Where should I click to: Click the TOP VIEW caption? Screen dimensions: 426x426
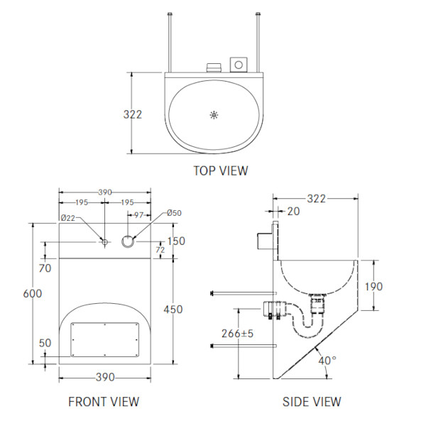(221, 170)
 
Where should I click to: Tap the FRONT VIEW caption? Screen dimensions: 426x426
(104, 402)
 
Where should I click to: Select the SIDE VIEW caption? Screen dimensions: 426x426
(312, 402)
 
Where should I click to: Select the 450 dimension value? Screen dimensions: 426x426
(173, 309)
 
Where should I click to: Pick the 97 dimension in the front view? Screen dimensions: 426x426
(139, 215)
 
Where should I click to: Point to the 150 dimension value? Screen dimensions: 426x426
(175, 241)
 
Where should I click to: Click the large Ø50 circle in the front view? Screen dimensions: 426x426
(129, 241)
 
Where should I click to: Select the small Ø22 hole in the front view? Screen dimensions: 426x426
(104, 241)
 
